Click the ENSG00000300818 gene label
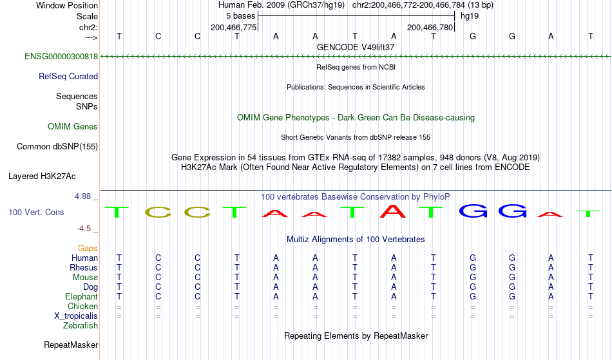(61, 57)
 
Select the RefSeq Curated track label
(68, 77)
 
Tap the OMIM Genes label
(73, 127)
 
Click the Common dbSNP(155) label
(57, 147)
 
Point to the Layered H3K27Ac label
(42, 176)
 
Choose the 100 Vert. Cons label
(36, 212)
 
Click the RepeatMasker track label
(71, 345)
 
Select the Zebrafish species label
(81, 326)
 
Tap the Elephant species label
(82, 297)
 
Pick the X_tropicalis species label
(76, 316)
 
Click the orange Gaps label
(88, 249)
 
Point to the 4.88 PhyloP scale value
(82, 196)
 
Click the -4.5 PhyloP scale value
(84, 228)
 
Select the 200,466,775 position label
(233, 27)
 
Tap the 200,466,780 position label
(430, 27)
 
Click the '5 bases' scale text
(240, 16)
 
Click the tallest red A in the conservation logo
(394, 211)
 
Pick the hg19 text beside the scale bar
(470, 16)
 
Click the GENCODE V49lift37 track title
(356, 47)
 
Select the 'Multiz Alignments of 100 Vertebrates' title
(356, 240)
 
